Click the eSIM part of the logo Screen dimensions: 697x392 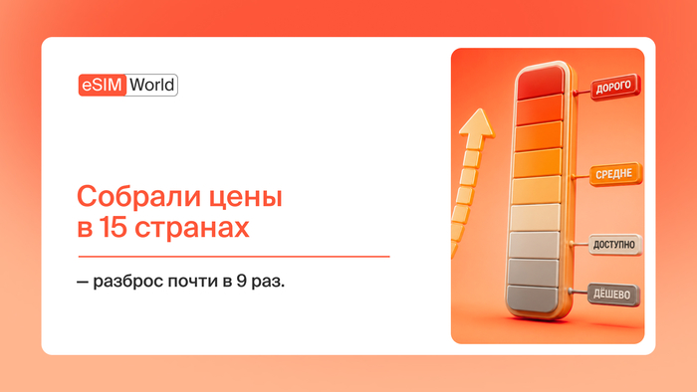point(103,85)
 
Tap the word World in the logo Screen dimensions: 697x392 point(152,85)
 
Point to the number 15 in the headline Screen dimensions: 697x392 point(113,227)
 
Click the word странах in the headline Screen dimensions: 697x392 point(192,229)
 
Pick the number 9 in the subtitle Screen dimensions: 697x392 point(241,281)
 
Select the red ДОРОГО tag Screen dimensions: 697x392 point(615,87)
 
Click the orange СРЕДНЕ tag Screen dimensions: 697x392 point(615,174)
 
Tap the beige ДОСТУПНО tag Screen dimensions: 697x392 point(615,245)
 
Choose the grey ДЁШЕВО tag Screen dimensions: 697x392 point(613,294)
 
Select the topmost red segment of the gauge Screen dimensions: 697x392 point(540,83)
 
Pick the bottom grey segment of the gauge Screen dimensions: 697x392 point(533,298)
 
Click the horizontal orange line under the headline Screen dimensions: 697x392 point(234,256)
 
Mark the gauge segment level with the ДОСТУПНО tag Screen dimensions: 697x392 point(535,245)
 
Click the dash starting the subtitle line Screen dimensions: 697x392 point(83,283)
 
